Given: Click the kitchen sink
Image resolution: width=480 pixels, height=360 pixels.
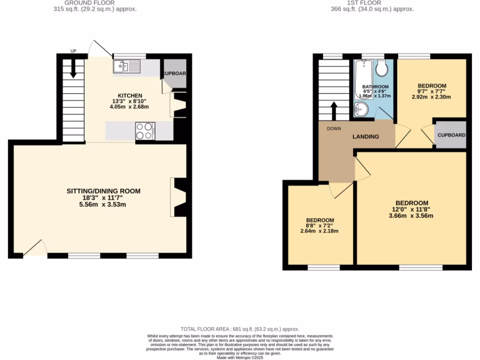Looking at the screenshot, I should tap(127, 67).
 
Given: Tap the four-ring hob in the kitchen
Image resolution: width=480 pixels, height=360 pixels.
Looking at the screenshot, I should tap(145, 131).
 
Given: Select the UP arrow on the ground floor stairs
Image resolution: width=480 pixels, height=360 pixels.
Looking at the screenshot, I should tap(74, 70).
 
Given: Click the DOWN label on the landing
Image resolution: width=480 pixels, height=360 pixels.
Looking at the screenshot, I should tap(334, 128).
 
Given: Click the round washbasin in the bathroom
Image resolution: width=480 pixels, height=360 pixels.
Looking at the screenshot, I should tap(361, 110).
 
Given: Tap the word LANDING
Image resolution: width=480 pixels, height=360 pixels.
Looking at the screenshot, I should tap(366, 136).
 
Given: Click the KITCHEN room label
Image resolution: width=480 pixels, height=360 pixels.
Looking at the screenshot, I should tap(130, 96).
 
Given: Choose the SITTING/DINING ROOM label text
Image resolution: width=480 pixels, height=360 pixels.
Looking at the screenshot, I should tap(104, 191).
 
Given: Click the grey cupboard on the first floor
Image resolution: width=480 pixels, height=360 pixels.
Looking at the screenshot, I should tap(451, 135).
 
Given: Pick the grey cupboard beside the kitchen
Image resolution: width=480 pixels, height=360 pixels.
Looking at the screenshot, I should tap(175, 74).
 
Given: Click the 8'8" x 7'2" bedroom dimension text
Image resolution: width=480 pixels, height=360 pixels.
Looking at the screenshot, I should tap(320, 225).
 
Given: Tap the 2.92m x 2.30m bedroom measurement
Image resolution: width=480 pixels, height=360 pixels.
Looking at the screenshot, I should tap(431, 97).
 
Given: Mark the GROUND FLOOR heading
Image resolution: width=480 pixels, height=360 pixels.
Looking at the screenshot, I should tap(90, 3).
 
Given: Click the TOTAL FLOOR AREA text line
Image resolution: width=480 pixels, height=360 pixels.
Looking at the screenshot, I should tap(240, 329).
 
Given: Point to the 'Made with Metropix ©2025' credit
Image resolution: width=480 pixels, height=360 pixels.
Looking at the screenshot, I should tap(240, 357).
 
